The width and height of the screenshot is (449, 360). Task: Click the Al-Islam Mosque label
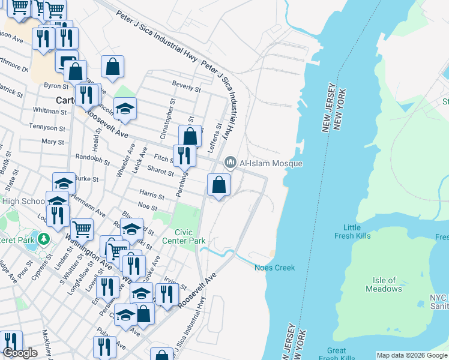pos(271,163)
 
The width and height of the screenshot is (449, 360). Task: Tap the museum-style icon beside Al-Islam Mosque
pos(230,163)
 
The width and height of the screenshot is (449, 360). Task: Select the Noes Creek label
pos(275,268)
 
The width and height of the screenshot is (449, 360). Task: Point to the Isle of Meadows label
pos(384,284)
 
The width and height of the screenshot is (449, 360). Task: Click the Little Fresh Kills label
pos(352,232)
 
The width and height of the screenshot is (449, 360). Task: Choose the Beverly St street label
pos(186,88)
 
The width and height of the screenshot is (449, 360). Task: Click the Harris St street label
pos(152,196)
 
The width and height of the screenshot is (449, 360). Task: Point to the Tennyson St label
pos(49,128)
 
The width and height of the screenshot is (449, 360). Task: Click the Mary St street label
pos(53,142)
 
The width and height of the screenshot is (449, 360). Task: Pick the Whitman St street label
pos(46,110)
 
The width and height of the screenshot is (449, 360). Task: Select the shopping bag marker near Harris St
pos(219,185)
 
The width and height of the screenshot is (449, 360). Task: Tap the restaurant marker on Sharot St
pos(184,156)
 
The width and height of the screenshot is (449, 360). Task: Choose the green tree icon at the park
pos(43,239)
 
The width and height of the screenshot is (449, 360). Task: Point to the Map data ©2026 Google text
pos(412,355)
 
